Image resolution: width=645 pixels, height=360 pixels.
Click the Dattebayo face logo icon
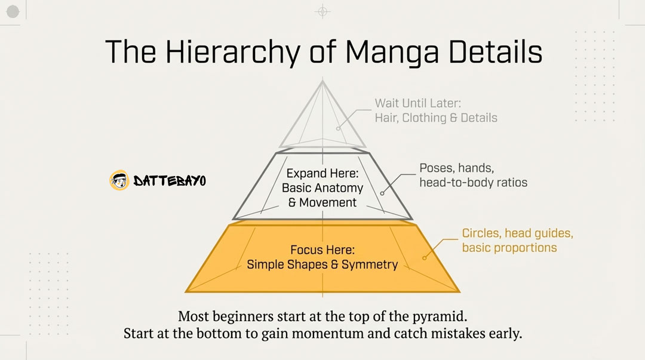[x=119, y=180]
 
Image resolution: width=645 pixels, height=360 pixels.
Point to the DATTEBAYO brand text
[x=170, y=180]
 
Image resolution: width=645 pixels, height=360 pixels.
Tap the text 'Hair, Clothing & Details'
[x=436, y=118]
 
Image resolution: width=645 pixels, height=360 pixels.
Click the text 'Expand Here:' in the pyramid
[x=322, y=174]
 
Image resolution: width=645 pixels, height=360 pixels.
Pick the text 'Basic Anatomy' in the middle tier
[x=322, y=188]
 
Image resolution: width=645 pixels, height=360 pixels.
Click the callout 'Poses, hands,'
[x=457, y=168]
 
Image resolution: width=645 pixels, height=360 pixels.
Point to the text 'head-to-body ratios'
[x=473, y=182]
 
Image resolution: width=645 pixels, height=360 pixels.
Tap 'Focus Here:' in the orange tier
[x=322, y=250]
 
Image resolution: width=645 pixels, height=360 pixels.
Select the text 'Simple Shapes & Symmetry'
[x=322, y=264]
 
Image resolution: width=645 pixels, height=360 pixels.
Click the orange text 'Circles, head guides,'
[x=517, y=233]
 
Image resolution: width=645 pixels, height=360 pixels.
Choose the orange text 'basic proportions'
[x=509, y=247]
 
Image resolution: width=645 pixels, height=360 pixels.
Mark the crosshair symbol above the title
[x=322, y=11]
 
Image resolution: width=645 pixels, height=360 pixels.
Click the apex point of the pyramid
[x=322, y=81]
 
